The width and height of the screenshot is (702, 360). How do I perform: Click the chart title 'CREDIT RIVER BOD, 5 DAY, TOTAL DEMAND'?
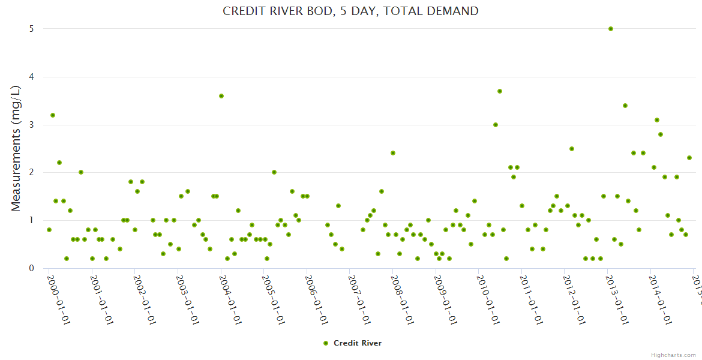point(350,11)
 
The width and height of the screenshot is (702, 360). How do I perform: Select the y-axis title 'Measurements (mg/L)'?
point(16,148)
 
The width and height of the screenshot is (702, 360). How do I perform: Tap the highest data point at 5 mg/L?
point(611,29)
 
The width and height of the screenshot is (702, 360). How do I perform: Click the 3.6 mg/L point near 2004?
point(221,96)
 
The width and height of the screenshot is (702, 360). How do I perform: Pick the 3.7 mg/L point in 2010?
point(500,91)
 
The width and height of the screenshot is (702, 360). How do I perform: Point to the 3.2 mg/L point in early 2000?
point(53,115)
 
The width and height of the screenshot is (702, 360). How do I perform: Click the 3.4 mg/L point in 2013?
point(625,106)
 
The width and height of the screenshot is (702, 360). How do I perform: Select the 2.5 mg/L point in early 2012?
point(572,149)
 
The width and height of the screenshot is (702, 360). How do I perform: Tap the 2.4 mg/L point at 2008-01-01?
point(393,153)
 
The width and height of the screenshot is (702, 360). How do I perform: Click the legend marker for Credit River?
point(326,343)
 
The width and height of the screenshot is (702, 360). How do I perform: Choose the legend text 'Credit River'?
point(358,343)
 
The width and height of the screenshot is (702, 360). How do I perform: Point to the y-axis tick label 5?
point(31,29)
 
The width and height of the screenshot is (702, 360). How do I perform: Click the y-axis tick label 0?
point(31,268)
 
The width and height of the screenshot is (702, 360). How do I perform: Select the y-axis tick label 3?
point(31,125)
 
